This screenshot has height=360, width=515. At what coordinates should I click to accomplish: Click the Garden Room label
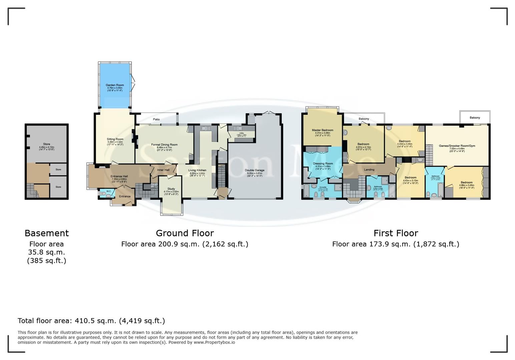pyautogui.click(x=115, y=85)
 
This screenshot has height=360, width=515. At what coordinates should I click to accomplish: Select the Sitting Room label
pyautogui.click(x=115, y=139)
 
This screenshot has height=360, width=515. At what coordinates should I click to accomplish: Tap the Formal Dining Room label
pyautogui.click(x=164, y=145)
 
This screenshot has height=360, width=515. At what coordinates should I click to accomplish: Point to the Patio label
pyautogui.click(x=156, y=119)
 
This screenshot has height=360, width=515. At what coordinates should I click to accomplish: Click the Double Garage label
pyautogui.click(x=255, y=170)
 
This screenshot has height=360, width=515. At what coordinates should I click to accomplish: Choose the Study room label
pyautogui.click(x=171, y=189)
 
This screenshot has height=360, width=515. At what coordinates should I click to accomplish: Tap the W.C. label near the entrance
pyautogui.click(x=109, y=191)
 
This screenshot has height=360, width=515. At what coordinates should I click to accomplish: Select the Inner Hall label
pyautogui.click(x=163, y=170)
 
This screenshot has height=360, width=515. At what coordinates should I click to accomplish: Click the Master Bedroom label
pyautogui.click(x=323, y=130)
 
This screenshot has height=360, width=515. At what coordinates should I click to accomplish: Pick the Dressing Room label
pyautogui.click(x=323, y=164)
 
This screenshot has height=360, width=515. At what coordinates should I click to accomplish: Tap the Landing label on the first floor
pyautogui.click(x=369, y=170)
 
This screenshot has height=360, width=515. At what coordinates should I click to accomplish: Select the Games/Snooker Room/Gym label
pyautogui.click(x=457, y=146)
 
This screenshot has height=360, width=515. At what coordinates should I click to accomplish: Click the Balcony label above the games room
pyautogui.click(x=475, y=118)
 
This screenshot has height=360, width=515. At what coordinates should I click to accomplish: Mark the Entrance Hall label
pyautogui.click(x=119, y=176)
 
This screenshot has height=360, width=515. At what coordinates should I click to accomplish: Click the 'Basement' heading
pyautogui.click(x=47, y=233)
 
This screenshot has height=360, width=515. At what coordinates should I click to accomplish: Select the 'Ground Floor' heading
pyautogui.click(x=185, y=233)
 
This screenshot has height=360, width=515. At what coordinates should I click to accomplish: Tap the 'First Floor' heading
pyautogui.click(x=396, y=233)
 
